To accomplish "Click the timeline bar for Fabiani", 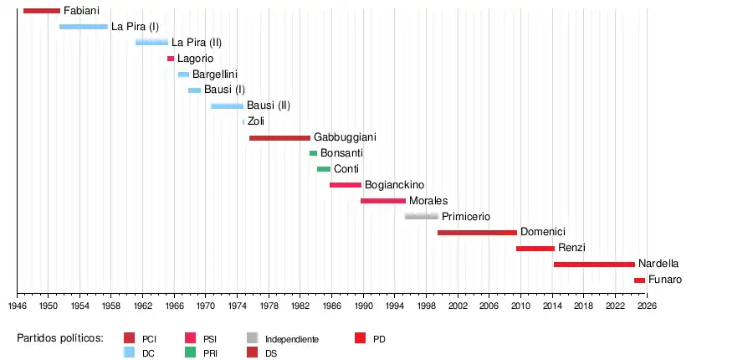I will click(x=42, y=11).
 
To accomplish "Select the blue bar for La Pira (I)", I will click(x=84, y=27).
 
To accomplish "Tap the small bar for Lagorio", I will click(x=171, y=59).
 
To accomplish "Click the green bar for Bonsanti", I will click(x=313, y=153).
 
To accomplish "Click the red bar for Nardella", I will click(x=594, y=265).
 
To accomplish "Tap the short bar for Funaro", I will click(x=639, y=280).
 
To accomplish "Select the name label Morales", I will click(x=428, y=201).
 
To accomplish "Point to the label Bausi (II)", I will click(x=269, y=105).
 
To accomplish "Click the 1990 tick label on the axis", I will click(x=363, y=306).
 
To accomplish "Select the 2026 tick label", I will click(x=647, y=306).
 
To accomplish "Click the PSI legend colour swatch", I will click(x=190, y=338).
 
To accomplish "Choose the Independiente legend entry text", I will click(x=292, y=339).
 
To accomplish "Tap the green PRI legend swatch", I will click(x=190, y=352).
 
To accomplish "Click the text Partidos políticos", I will click(x=60, y=338).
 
